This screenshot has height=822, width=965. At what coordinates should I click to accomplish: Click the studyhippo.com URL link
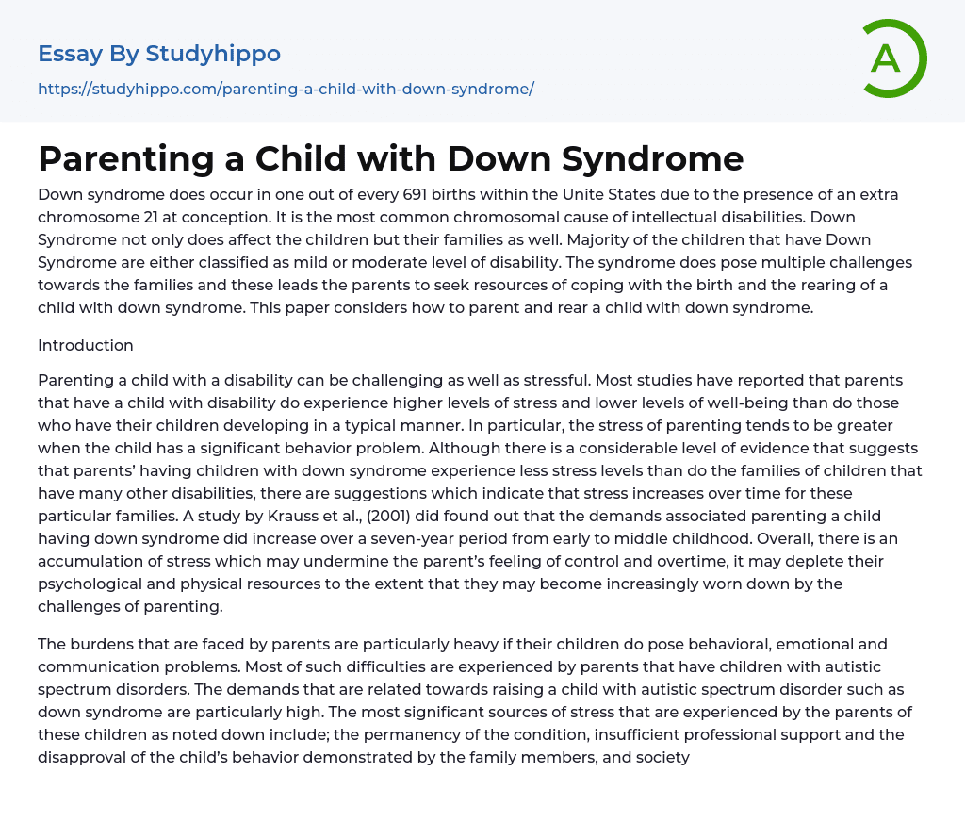[286, 89]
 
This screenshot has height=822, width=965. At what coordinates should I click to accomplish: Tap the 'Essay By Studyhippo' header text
[159, 54]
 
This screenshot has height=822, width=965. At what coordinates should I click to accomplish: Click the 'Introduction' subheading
[86, 345]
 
